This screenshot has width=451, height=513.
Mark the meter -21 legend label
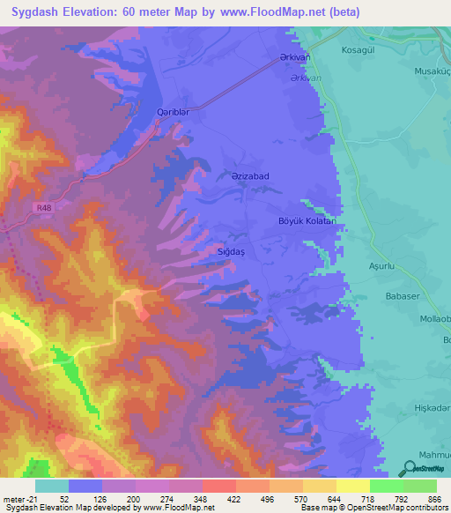pyautogui.click(x=18, y=499)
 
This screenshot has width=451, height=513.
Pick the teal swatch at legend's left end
pyautogui.click(x=52, y=486)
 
